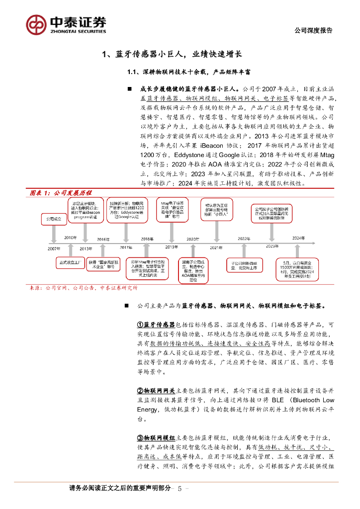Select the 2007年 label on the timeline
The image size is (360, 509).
54,247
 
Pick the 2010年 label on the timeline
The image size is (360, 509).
70,238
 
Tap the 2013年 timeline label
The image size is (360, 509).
86,248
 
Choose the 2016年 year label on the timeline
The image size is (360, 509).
103,239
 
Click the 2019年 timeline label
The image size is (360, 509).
172,247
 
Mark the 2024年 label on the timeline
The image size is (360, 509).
298,238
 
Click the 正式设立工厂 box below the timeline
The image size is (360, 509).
70,261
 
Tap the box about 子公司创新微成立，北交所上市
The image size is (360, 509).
244,265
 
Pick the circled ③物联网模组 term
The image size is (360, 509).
156,438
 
